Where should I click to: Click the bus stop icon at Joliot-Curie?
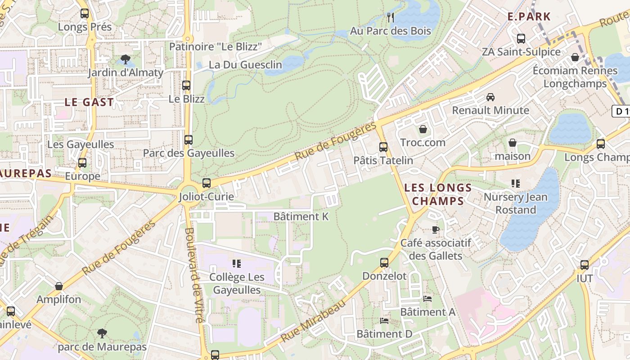tap(207, 183)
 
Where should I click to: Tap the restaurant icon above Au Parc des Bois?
tap(391, 18)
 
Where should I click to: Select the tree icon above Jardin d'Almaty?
tap(126, 59)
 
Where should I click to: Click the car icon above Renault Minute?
tap(490, 97)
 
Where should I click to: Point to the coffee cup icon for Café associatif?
tap(435, 230)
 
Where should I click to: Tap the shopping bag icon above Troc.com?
tap(423, 130)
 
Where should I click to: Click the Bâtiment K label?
tap(301, 216)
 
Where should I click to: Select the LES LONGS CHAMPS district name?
tap(437, 194)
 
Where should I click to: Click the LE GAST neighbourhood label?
tap(89, 102)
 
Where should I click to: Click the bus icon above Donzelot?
tap(384, 263)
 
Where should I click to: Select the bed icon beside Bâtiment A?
tap(427, 299)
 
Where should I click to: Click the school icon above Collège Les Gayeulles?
tap(237, 264)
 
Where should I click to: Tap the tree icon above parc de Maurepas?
tap(102, 333)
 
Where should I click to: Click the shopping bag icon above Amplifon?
tap(59, 286)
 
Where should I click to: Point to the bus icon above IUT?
tap(585, 265)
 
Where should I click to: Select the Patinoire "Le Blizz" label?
tap(215, 47)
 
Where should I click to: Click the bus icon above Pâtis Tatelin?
tap(383, 147)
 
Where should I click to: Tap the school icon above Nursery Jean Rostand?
tap(516, 184)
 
